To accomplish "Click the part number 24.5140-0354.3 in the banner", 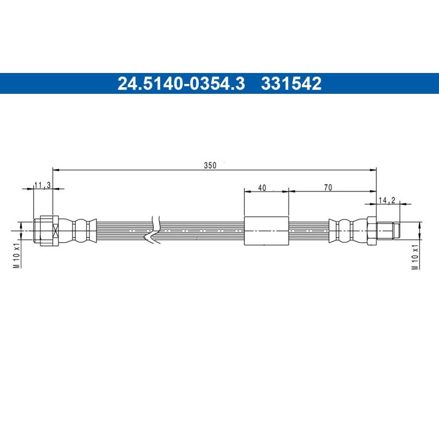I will (x=181, y=83).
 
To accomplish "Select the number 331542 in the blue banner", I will (x=291, y=83).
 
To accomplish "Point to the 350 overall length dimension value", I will (x=210, y=165).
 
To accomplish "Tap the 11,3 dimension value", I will (x=42, y=185).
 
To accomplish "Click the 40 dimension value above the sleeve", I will (x=262, y=188).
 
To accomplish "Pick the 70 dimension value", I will (x=328, y=188).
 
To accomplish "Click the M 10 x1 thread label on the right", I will (x=415, y=256).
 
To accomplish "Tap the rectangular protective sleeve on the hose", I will (x=266, y=231).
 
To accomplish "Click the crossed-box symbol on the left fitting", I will (x=54, y=230).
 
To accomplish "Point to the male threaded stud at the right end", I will (x=390, y=230).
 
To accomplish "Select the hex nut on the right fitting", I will (x=372, y=230).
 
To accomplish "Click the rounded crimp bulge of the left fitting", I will (x=81, y=230).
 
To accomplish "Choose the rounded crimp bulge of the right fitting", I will (x=344, y=230).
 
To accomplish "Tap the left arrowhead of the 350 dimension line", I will (x=55, y=170).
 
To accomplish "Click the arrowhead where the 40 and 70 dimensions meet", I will (x=288, y=192).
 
